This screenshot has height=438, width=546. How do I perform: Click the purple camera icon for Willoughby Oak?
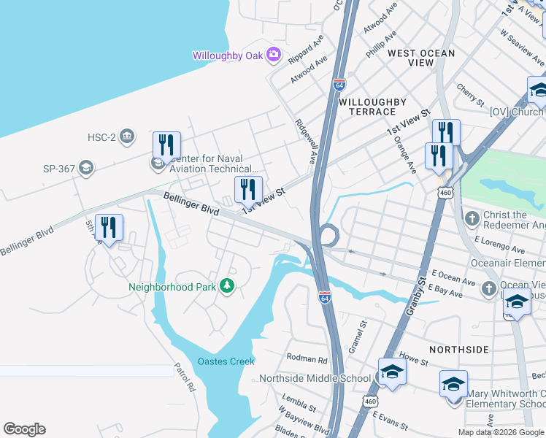tap(274, 54)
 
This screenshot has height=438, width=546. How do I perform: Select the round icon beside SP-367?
tap(87, 169)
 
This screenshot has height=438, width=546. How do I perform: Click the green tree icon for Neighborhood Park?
tap(227, 286)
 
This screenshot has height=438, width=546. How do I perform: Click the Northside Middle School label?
tap(315, 378)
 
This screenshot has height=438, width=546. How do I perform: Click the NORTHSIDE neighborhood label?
tap(458, 350)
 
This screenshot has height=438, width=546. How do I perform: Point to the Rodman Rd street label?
tap(307, 359)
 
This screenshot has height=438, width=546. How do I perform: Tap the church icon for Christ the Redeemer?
tap(472, 218)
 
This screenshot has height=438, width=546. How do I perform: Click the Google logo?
tap(24, 429)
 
